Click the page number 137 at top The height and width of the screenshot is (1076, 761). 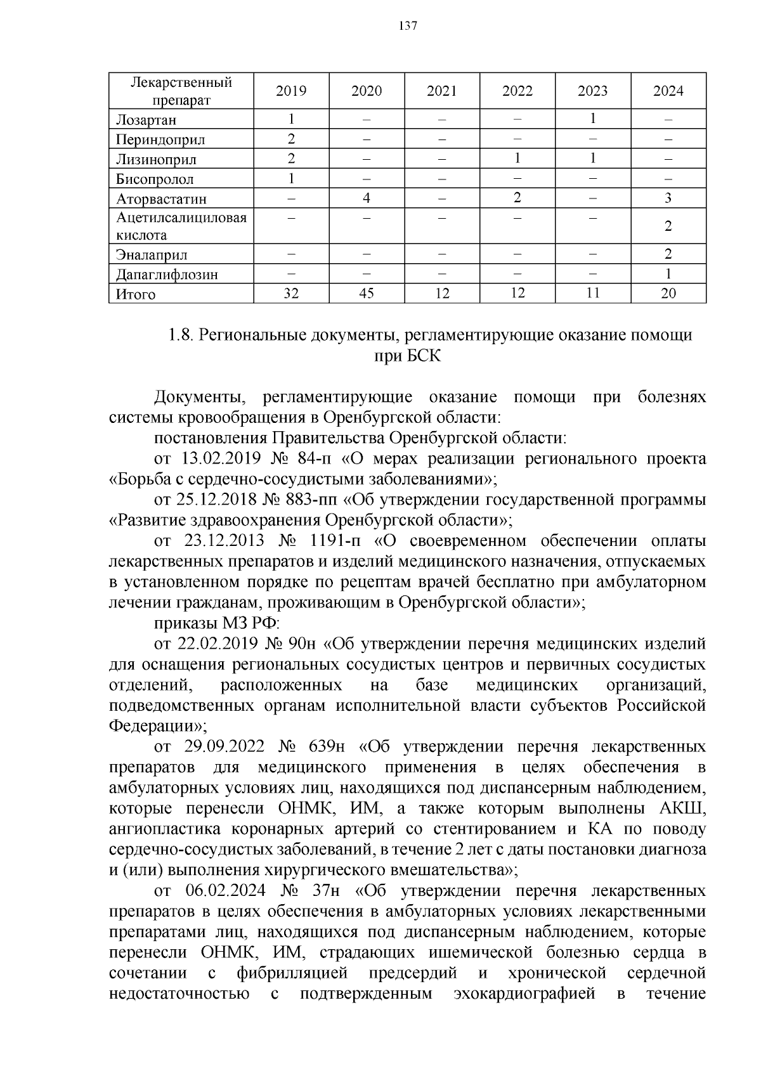[x=408, y=26]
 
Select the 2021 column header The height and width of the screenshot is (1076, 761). [x=441, y=91]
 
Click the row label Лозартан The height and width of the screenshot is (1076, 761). [x=146, y=120]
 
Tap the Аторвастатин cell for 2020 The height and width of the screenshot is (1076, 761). [x=367, y=198]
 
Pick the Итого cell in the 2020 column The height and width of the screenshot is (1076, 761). [x=367, y=294]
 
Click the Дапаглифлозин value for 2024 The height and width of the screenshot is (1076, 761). [x=668, y=274]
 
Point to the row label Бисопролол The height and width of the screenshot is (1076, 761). [x=155, y=179]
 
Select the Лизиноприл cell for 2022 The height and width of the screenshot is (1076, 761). [x=517, y=159]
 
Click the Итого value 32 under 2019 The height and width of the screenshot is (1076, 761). [x=291, y=294]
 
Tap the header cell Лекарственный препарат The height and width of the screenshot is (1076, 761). [x=181, y=91]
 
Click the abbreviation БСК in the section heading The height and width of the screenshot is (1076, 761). [x=407, y=357]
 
